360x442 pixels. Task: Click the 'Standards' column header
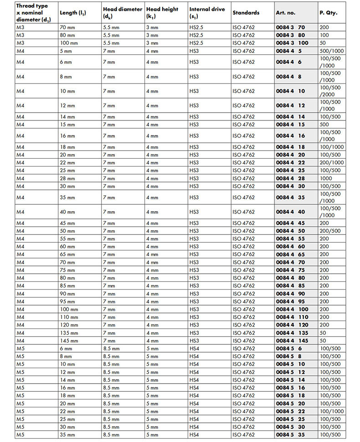[246, 13]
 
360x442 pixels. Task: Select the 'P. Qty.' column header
[328, 13]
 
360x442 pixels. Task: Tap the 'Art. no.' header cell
[287, 13]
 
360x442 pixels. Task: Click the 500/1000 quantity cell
[331, 51]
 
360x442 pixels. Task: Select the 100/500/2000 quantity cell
[330, 91]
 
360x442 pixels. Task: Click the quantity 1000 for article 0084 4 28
[326, 178]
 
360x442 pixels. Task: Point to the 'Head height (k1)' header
[162, 13]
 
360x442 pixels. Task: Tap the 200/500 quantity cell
[330, 231]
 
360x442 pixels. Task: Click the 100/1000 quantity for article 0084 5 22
[331, 411]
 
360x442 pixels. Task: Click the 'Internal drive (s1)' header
[207, 13]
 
